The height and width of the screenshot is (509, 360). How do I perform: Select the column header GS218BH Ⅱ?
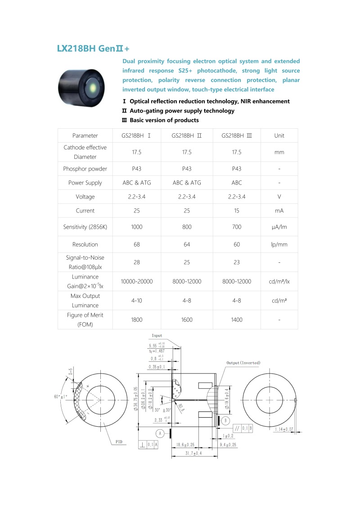[187, 135]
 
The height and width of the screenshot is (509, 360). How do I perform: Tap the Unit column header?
[279, 135]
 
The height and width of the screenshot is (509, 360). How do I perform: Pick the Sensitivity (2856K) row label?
[85, 227]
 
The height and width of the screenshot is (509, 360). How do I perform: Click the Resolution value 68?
[137, 244]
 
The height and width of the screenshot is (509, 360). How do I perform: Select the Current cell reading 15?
[237, 211]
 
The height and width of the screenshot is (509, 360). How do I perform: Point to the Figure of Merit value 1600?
[187, 320]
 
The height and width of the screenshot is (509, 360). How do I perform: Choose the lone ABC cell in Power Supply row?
[237, 183]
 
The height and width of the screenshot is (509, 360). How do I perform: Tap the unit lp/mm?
[279, 244]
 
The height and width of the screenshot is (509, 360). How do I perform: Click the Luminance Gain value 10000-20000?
[137, 281]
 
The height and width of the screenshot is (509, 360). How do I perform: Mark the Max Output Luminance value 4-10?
[137, 300]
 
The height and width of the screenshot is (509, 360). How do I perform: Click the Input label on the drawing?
[157, 336]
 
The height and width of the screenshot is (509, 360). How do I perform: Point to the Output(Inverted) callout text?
[243, 363]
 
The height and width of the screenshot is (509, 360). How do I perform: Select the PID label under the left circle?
[119, 442]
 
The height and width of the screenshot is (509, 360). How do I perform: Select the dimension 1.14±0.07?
[283, 429]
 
